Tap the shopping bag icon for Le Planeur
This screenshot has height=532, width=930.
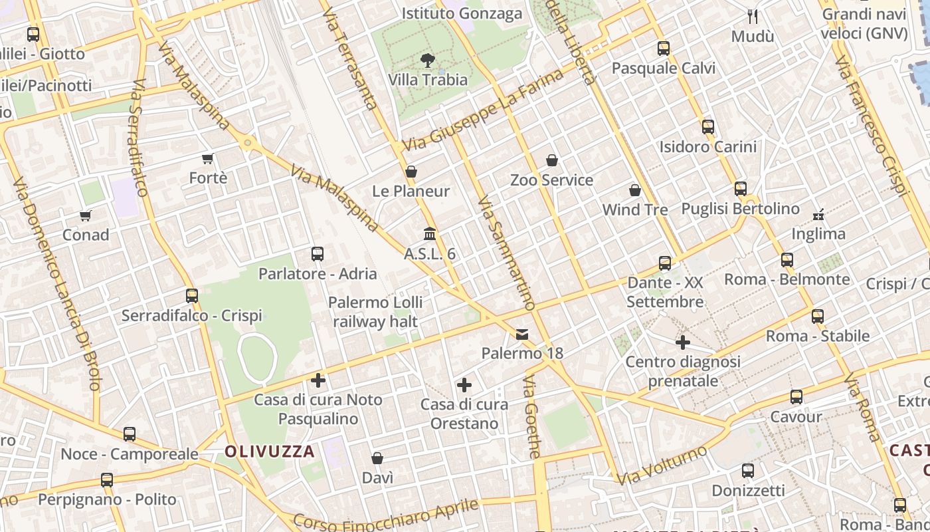[x=411, y=172]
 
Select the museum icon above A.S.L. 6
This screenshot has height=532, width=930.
[x=430, y=234]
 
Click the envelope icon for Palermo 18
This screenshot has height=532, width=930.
[x=522, y=334]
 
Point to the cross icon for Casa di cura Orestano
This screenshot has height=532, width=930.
[x=464, y=384]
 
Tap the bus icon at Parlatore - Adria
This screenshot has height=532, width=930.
[x=318, y=253]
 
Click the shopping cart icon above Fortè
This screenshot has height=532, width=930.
[x=208, y=158]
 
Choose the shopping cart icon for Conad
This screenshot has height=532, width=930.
[x=86, y=215]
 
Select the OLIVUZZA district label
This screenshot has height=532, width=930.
[x=270, y=452]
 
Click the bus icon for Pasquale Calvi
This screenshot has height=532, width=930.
[x=663, y=49]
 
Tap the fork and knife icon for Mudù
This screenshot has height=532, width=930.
[x=753, y=16]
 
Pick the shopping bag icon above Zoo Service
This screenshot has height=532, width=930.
[x=551, y=160]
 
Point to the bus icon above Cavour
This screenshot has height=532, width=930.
[x=796, y=397]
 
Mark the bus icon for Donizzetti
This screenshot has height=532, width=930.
[x=748, y=471]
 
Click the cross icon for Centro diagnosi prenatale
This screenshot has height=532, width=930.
[x=683, y=342]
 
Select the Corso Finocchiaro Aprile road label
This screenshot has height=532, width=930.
[x=386, y=515]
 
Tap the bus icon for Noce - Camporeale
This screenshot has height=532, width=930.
[x=130, y=434]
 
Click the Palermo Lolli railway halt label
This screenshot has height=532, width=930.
[x=375, y=312]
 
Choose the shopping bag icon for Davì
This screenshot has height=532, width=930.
[x=377, y=458]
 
